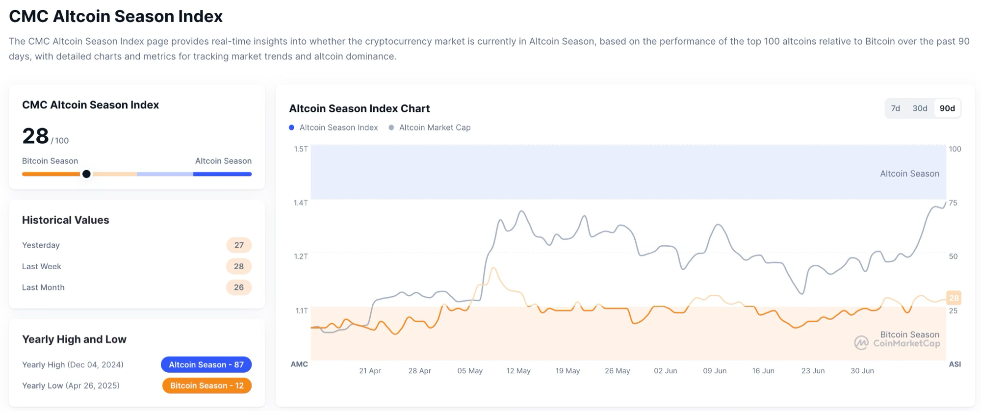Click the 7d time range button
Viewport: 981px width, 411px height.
(895, 108)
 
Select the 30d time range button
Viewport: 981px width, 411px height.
(920, 108)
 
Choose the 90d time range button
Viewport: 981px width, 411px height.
(947, 108)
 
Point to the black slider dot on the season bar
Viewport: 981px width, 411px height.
(86, 174)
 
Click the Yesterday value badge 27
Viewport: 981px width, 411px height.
(239, 245)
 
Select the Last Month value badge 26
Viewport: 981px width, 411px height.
(239, 287)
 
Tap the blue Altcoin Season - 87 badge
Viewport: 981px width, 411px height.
(206, 364)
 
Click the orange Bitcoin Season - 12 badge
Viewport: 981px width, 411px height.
(207, 385)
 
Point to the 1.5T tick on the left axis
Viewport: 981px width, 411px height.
(301, 149)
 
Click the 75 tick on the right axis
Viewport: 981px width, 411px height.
(953, 203)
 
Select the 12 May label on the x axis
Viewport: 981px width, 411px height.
(518, 371)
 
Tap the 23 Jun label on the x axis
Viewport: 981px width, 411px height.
(813, 371)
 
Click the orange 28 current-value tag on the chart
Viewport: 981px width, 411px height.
(954, 298)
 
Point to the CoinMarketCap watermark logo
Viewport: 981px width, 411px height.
(861, 343)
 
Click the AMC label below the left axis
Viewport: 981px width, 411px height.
(299, 364)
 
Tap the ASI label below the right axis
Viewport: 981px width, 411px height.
(955, 364)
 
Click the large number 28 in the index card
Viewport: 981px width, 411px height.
(35, 136)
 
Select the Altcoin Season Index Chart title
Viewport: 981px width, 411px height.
(359, 108)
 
